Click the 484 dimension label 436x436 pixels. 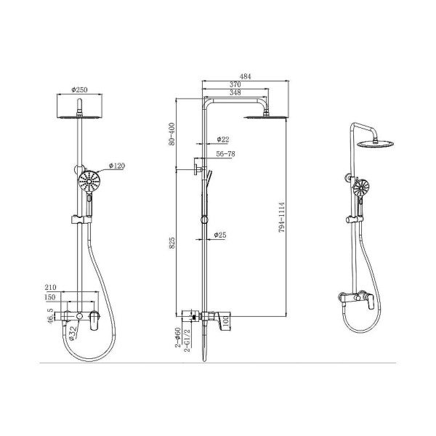[x=246, y=76]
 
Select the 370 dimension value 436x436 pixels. [x=235, y=84]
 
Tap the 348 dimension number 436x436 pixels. [x=235, y=92]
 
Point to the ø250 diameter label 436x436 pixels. [x=79, y=90]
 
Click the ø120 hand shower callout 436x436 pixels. [x=117, y=166]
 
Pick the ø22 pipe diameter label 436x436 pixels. [x=223, y=140]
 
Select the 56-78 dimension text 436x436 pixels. [x=225, y=154]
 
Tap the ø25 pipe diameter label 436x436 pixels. [x=220, y=235]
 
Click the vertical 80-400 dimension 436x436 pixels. [x=171, y=134]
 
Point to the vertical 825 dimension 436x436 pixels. [x=172, y=243]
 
